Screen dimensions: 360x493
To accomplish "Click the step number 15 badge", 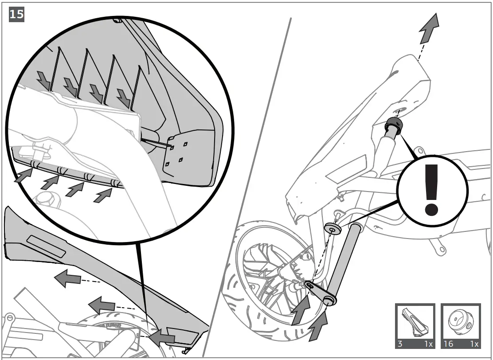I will [17, 15].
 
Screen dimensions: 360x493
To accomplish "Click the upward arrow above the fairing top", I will [429, 27].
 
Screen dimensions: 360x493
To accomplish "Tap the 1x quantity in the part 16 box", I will [473, 343].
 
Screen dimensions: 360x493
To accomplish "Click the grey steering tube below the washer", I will [343, 262].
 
